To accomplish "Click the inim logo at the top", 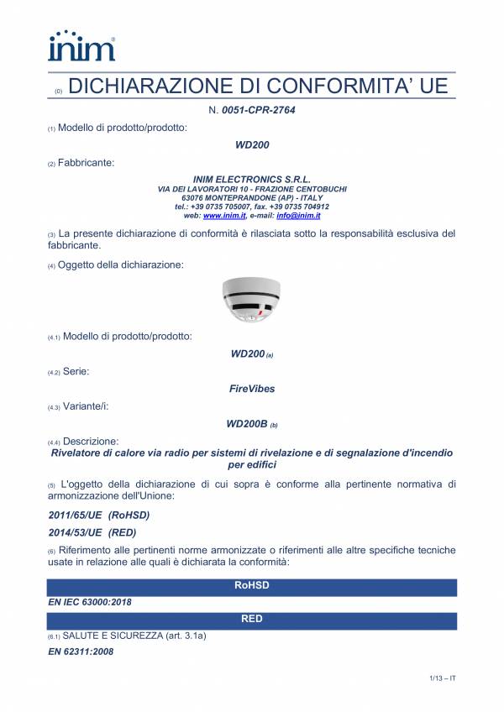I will [81, 46].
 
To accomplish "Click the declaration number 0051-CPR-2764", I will [258, 110].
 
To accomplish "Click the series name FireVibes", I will [251, 389].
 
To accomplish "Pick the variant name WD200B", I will [247, 424].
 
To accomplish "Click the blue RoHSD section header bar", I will [251, 585].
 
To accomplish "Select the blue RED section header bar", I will [251, 620].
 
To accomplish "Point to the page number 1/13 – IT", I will [438, 678].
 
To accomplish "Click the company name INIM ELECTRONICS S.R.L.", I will [251, 180].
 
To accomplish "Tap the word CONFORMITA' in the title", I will [347, 86].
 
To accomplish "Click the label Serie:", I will [76, 370].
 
